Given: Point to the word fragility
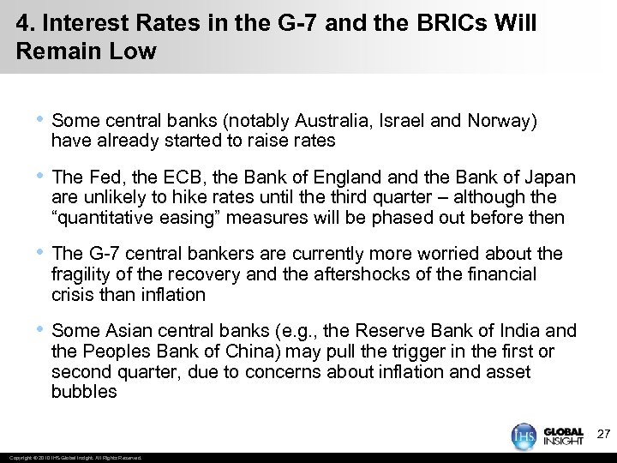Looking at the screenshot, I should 82,274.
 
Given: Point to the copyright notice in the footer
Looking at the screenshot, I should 73,457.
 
